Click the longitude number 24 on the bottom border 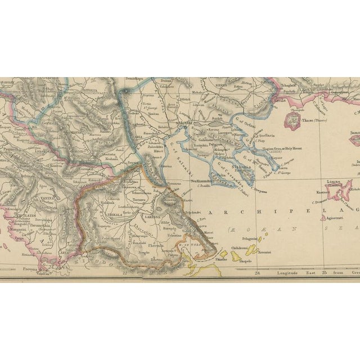tap(258, 274)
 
